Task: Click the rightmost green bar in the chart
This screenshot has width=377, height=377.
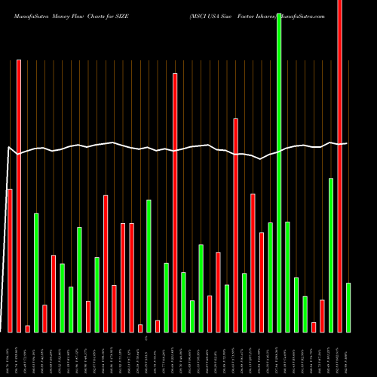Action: tap(348, 308)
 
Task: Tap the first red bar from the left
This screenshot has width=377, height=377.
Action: tap(10, 260)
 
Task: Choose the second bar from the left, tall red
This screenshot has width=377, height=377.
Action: tap(19, 196)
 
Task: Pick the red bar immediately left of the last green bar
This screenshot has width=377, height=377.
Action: tap(339, 166)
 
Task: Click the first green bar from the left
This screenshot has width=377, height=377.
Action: tap(35, 273)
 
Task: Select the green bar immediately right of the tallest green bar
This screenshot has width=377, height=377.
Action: tap(287, 277)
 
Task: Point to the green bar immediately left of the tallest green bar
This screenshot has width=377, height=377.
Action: tap(270, 277)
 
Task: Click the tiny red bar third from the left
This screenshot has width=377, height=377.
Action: tap(27, 328)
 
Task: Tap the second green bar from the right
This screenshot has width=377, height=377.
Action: tap(331, 255)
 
